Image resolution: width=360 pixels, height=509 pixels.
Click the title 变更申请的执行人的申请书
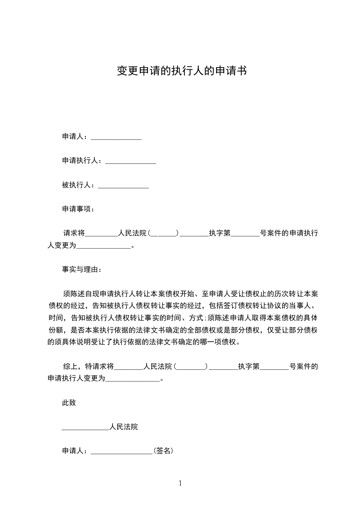(x=182, y=71)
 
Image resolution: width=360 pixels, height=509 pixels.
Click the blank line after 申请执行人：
(x=131, y=161)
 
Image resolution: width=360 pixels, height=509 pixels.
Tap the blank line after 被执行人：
(x=123, y=186)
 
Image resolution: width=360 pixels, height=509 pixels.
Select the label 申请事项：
(x=78, y=210)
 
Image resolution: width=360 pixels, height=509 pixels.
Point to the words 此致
(x=69, y=402)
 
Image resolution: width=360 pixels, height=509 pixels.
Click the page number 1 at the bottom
(x=180, y=483)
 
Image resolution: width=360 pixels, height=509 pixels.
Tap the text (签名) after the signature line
(x=163, y=451)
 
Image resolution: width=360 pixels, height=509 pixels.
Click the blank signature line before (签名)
(x=122, y=452)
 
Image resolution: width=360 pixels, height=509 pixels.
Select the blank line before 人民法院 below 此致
(x=85, y=427)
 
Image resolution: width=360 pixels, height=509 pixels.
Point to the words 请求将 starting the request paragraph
(x=74, y=234)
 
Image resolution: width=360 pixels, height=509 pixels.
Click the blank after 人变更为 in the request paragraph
(x=104, y=246)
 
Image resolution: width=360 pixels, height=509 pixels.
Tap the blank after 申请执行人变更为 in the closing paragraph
(x=133, y=379)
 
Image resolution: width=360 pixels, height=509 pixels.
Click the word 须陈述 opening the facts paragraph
(x=74, y=294)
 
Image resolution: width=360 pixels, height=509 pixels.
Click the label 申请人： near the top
(x=76, y=137)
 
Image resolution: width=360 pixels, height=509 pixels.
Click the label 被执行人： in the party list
(x=80, y=186)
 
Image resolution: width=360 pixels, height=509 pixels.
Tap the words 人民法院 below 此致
(x=123, y=427)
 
